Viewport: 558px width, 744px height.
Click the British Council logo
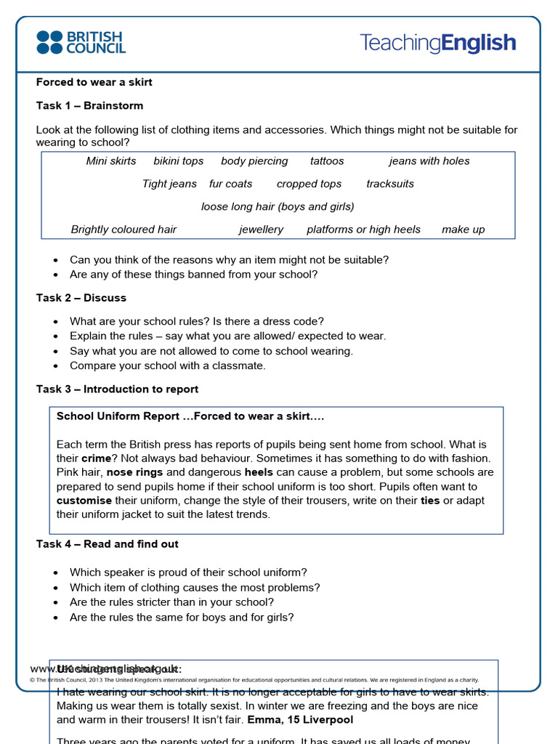pyautogui.click(x=81, y=42)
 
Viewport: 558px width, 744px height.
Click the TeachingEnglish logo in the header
pyautogui.click(x=437, y=43)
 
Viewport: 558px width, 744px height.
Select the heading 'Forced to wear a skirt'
pyautogui.click(x=94, y=82)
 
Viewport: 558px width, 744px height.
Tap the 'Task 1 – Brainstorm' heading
pyautogui.click(x=90, y=105)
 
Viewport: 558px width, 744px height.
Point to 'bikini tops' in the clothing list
pyautogui.click(x=179, y=161)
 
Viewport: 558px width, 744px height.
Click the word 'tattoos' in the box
pyautogui.click(x=327, y=161)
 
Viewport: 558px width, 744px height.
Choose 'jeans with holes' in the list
pyautogui.click(x=429, y=161)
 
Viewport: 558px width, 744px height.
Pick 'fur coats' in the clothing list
pyautogui.click(x=231, y=184)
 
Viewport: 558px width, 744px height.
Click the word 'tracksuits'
pyautogui.click(x=390, y=184)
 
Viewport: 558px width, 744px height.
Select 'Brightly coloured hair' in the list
pyautogui.click(x=124, y=230)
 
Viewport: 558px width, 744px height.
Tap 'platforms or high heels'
pyautogui.click(x=363, y=230)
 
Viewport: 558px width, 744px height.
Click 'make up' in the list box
pyautogui.click(x=463, y=230)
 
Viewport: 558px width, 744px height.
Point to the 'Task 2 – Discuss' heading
pyautogui.click(x=81, y=298)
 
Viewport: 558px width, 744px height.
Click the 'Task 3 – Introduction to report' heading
pyautogui.click(x=117, y=389)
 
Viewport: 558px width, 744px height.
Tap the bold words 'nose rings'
pyautogui.click(x=134, y=472)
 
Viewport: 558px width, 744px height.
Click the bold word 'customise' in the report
pyautogui.click(x=84, y=501)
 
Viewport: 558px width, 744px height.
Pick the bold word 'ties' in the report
pyautogui.click(x=430, y=501)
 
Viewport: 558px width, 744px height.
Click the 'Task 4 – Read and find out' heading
pyautogui.click(x=108, y=544)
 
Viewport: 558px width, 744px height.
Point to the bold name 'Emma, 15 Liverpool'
pyautogui.click(x=300, y=720)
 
